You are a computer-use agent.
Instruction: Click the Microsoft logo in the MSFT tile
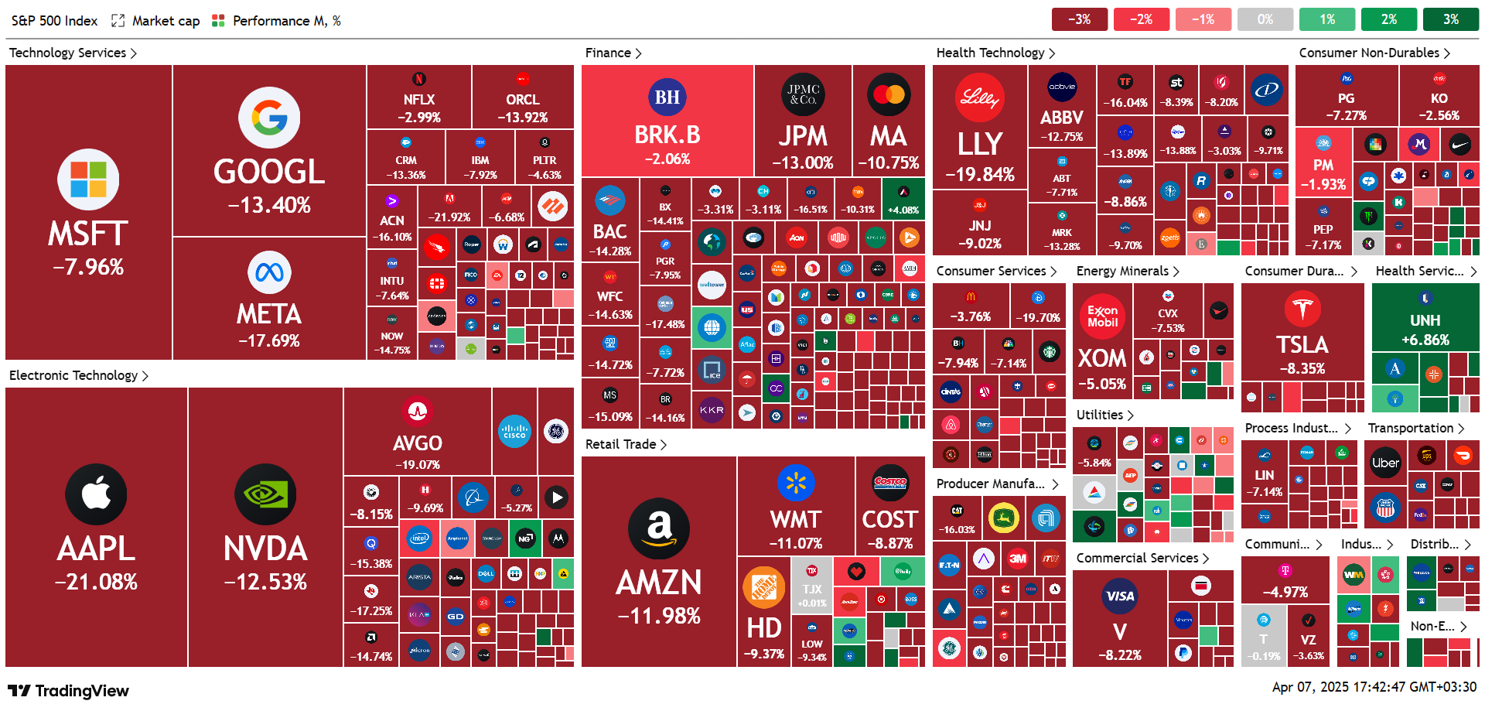pyautogui.click(x=88, y=179)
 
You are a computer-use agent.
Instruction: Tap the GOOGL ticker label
pyautogui.click(x=269, y=172)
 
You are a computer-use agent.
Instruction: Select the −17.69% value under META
pyautogui.click(x=269, y=340)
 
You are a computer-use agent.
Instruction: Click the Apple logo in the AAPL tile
pyautogui.click(x=96, y=494)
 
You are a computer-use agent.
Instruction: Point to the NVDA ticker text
pyautogui.click(x=265, y=549)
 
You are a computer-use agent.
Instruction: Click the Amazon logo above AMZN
pyautogui.click(x=659, y=528)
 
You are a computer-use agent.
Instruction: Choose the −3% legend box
pyautogui.click(x=1079, y=19)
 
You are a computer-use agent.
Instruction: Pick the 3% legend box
pyautogui.click(x=1450, y=19)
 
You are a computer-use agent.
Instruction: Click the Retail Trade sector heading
pyautogui.click(x=620, y=444)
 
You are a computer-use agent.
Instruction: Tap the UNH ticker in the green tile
pyautogui.click(x=1425, y=320)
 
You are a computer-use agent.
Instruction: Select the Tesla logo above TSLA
pyautogui.click(x=1302, y=308)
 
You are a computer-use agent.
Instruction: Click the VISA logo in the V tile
pyautogui.click(x=1120, y=596)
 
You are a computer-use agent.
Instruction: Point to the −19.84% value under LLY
pyautogui.click(x=980, y=175)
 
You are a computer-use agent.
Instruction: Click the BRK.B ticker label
pyautogui.click(x=667, y=135)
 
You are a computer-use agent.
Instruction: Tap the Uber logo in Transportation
pyautogui.click(x=1385, y=463)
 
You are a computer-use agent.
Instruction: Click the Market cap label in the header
pyautogui.click(x=166, y=21)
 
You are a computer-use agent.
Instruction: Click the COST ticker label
pyautogui.click(x=889, y=519)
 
